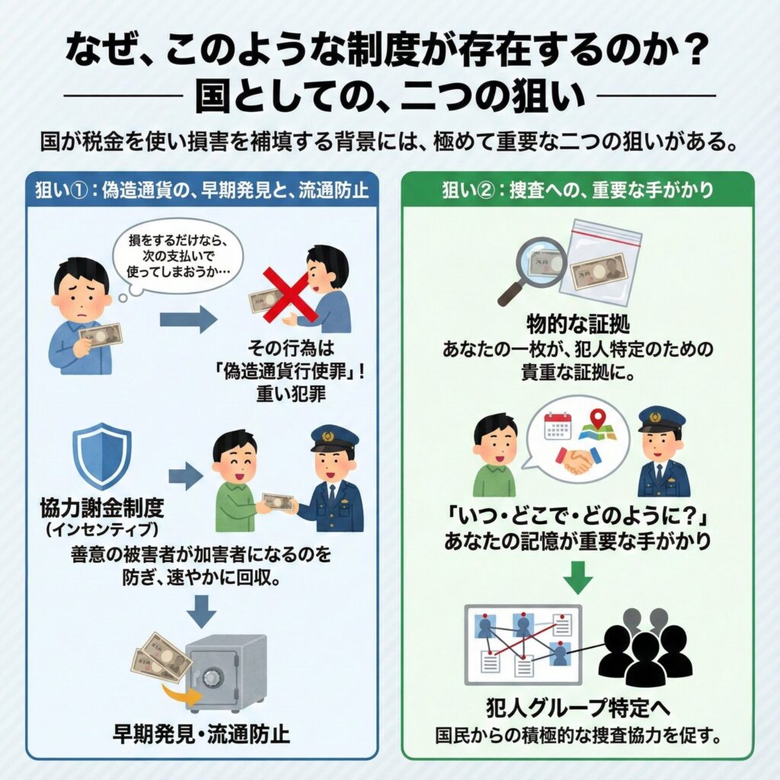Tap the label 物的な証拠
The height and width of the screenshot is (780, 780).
point(577,324)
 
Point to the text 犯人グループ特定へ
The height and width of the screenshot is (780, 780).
point(577,708)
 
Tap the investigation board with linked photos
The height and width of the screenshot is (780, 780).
point(523,644)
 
